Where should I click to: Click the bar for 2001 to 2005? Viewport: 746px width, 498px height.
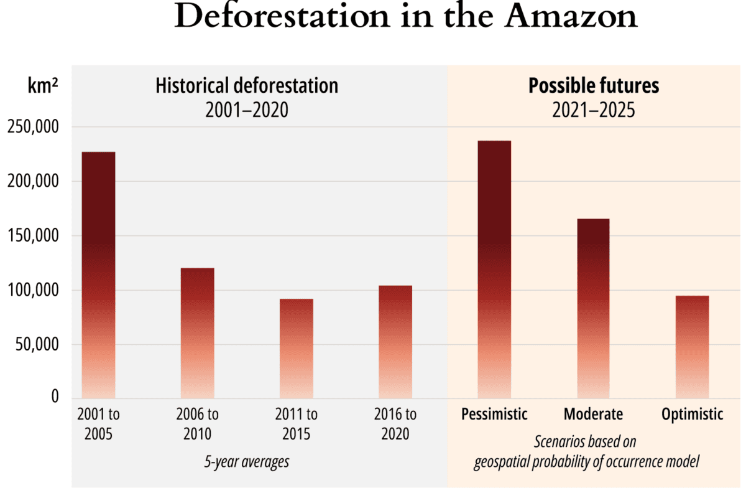click(x=98, y=274)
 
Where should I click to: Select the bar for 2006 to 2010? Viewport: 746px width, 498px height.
click(x=197, y=332)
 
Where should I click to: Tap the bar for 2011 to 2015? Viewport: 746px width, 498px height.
click(x=297, y=348)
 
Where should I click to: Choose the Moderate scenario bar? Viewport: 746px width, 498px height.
click(x=593, y=308)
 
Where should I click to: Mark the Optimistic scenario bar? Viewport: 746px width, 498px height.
click(x=692, y=346)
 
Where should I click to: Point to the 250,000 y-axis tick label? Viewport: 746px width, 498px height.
click(x=33, y=128)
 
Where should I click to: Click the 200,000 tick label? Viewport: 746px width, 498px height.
click(x=33, y=182)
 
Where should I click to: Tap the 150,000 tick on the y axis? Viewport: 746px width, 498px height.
click(x=33, y=236)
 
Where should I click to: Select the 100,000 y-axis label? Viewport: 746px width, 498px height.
click(x=33, y=290)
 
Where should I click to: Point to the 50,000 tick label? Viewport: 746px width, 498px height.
click(x=37, y=344)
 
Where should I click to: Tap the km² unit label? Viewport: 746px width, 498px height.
click(x=43, y=87)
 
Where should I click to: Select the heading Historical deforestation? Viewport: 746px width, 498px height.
click(x=247, y=85)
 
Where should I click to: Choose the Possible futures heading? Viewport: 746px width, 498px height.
click(x=594, y=85)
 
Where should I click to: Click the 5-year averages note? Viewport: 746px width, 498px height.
click(x=247, y=462)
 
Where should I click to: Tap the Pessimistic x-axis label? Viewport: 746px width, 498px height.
click(x=494, y=414)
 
